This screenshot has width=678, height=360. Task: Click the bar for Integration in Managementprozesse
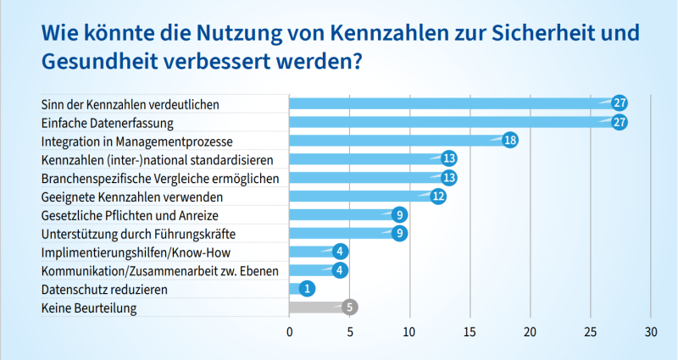(398, 141)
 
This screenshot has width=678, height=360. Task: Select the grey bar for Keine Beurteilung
(318, 307)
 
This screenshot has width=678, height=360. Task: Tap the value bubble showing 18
(510, 141)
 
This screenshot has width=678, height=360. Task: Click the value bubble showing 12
(438, 197)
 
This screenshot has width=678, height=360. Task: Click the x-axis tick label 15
(470, 331)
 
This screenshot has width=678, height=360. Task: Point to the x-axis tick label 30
(651, 331)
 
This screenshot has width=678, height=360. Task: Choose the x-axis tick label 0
(290, 331)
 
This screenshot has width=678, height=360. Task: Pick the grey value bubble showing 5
(350, 307)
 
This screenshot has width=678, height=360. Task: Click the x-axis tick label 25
(591, 331)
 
